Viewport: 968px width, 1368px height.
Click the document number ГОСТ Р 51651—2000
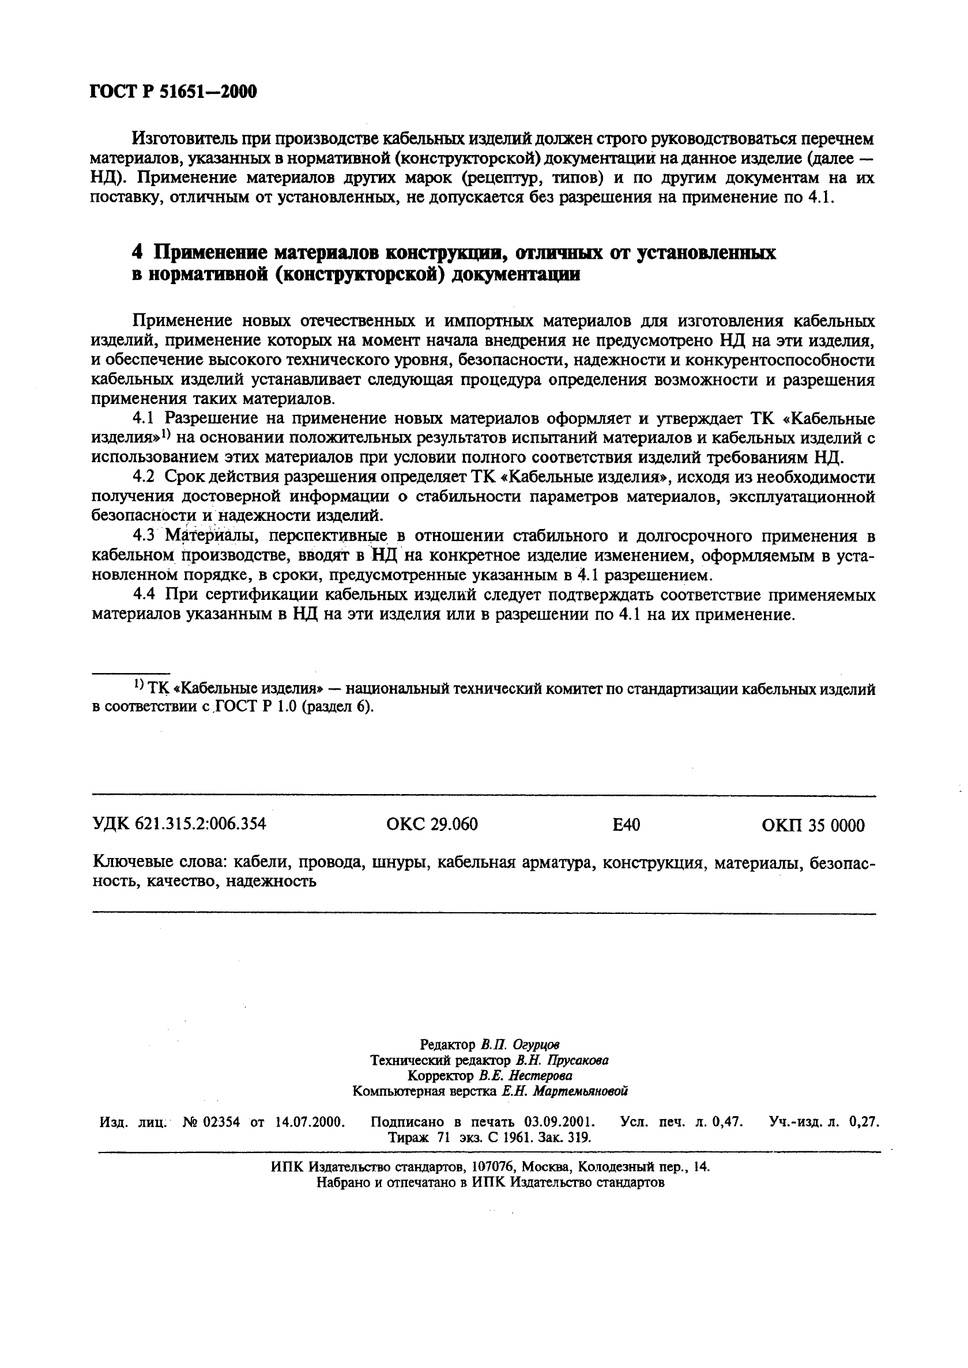click(173, 91)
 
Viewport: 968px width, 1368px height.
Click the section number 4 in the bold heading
click(137, 252)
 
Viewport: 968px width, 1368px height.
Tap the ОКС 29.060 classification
click(432, 824)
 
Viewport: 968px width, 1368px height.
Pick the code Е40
click(626, 825)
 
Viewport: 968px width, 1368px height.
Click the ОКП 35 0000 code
click(813, 825)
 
